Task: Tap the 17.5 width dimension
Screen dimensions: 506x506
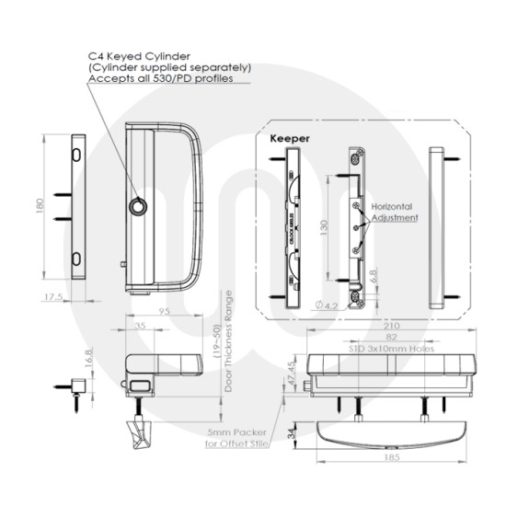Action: (52, 297)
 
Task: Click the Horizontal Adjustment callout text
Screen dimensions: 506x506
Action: (395, 213)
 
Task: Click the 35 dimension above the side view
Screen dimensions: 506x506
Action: (140, 326)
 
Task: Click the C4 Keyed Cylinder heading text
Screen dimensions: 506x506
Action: (138, 55)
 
